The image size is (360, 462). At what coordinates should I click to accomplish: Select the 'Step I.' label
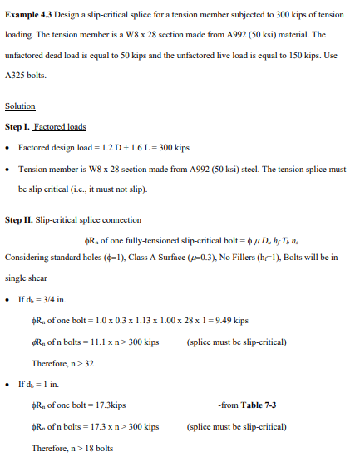point(18,126)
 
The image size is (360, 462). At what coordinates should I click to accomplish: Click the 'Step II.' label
point(20,219)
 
